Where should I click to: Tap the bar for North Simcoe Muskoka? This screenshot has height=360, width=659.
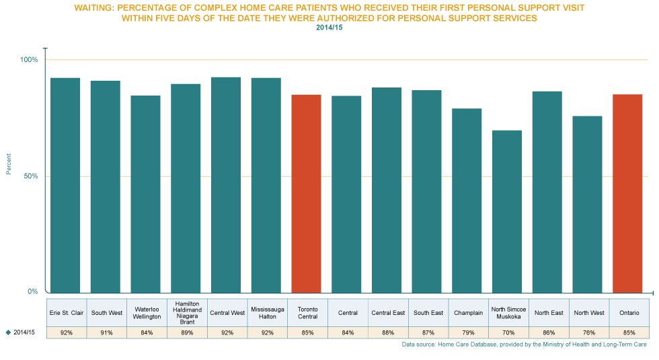(x=507, y=211)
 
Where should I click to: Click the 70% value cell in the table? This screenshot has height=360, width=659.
(x=508, y=332)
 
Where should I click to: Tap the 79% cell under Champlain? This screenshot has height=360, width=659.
(x=468, y=332)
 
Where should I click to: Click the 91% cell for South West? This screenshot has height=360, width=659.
(x=106, y=332)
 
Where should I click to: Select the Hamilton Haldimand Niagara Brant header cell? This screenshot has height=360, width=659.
(x=187, y=312)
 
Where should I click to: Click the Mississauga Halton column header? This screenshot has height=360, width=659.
(x=267, y=312)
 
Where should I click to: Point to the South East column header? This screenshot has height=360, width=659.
(x=428, y=312)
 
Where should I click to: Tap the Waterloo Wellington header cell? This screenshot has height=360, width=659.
(x=147, y=312)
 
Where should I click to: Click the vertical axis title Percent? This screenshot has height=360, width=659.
(x=9, y=164)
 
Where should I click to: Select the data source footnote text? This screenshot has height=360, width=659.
(x=524, y=345)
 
